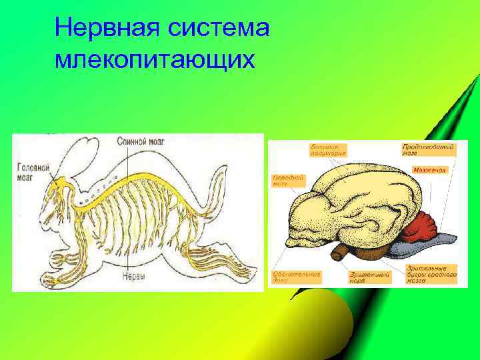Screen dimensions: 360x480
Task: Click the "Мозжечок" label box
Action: [x=429, y=171]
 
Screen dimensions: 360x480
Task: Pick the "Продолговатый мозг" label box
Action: [x=429, y=149]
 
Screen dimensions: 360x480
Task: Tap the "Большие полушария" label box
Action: [x=328, y=149]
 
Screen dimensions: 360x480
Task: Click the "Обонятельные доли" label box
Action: [x=296, y=276]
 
